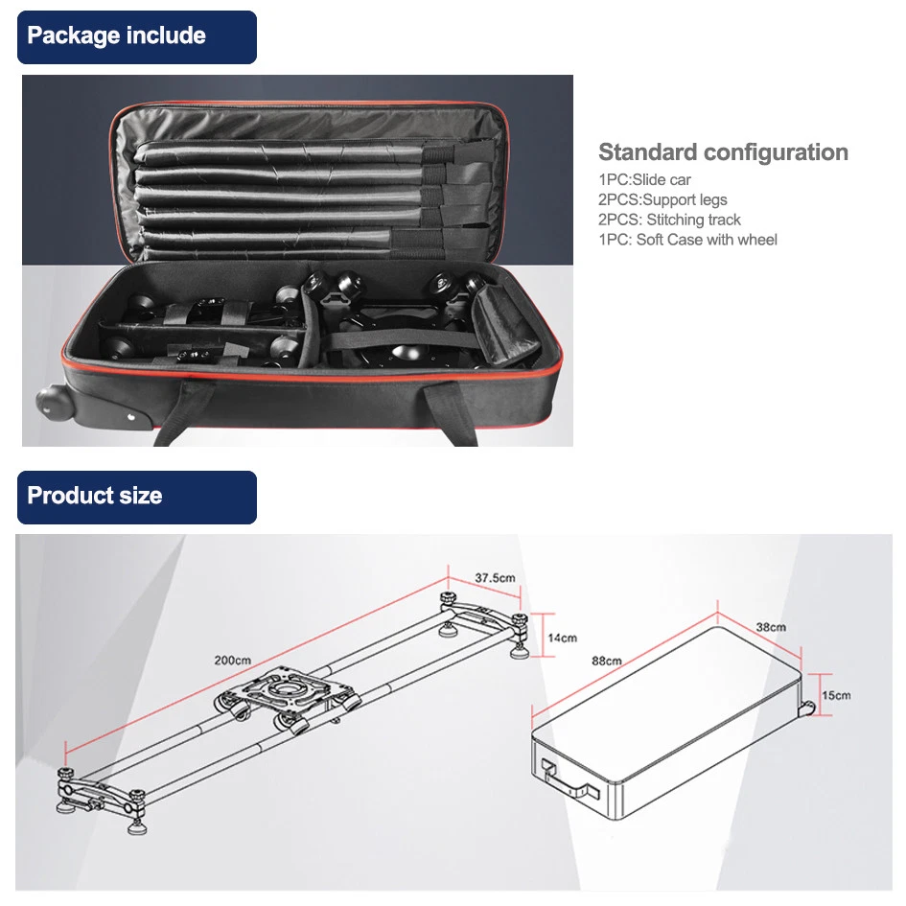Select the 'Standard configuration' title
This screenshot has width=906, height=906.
point(723,152)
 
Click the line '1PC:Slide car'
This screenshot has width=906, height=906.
point(644,180)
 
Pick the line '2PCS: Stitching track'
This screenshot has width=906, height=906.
point(669,220)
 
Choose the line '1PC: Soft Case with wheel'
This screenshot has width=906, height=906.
point(687,240)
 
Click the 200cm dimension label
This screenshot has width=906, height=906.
point(233,660)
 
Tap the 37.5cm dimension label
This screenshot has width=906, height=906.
point(495,578)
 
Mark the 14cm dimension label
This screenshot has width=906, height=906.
point(563,638)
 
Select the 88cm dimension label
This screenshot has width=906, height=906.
point(606,661)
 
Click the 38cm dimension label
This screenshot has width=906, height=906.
point(770,627)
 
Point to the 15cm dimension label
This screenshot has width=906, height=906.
point(835,694)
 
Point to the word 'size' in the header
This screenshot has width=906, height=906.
point(142,497)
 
